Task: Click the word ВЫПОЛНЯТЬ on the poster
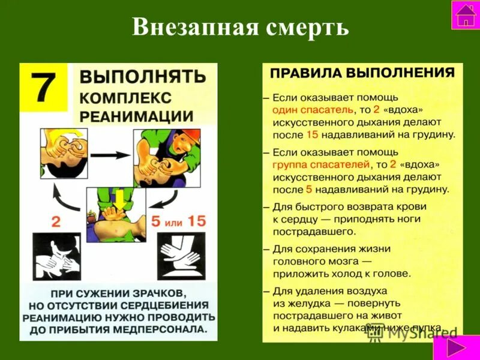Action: [x=143, y=77]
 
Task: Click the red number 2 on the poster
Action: [x=56, y=221]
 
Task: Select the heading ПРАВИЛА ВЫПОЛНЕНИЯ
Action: [x=362, y=73]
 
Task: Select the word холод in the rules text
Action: [x=343, y=273]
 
